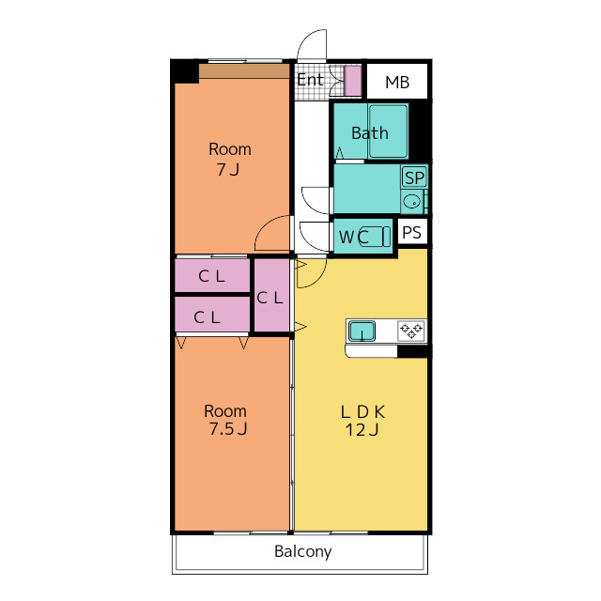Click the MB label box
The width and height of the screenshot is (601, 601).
[x=397, y=82]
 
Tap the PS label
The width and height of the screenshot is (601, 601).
[x=412, y=232]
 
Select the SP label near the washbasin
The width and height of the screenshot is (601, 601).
[x=414, y=177]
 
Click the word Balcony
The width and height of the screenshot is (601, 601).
[x=302, y=552]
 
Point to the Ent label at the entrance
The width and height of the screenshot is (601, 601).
[x=310, y=80]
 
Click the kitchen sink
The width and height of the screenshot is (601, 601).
[x=362, y=331]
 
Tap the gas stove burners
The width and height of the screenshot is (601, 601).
[x=411, y=331]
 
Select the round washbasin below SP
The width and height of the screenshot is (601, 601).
[x=412, y=201]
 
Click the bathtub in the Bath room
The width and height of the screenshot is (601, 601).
[x=388, y=131]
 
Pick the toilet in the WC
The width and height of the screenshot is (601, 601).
[x=374, y=236]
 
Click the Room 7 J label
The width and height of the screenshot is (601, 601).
[x=229, y=159]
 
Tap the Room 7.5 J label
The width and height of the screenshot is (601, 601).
[x=226, y=420]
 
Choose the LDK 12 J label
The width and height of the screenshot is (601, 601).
[x=362, y=421]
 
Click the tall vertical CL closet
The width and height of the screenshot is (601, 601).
[x=271, y=295]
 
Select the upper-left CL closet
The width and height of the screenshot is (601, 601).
[x=212, y=275]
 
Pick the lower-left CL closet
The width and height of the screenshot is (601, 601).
[x=212, y=315]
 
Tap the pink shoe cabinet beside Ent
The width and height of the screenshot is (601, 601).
[x=353, y=81]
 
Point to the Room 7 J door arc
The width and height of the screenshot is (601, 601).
[x=262, y=227]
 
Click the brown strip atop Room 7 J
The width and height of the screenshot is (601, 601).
[x=244, y=71]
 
